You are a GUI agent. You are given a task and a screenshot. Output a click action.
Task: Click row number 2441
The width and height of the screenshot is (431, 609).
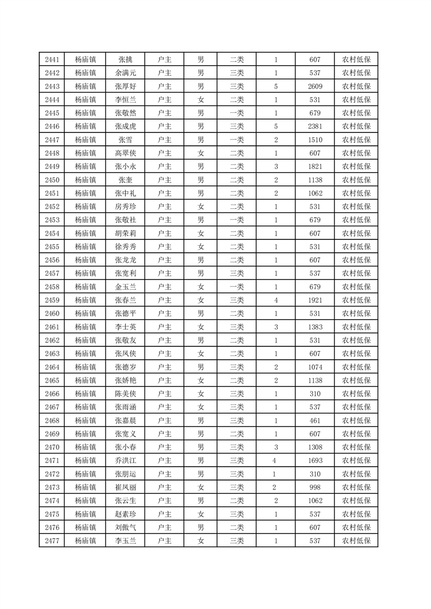(x=52, y=60)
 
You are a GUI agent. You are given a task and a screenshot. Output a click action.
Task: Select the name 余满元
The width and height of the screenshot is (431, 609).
(x=126, y=73)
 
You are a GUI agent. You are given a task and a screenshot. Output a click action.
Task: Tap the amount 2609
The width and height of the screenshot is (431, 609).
(x=315, y=86)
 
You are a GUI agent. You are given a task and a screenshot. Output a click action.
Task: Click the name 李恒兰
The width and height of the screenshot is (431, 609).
(x=126, y=100)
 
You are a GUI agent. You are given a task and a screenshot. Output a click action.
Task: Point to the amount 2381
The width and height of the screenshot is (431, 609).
(x=315, y=126)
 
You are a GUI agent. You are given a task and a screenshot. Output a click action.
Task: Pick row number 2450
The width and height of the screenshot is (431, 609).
(x=52, y=180)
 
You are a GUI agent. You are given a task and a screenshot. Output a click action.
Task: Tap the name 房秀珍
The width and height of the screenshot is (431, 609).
(x=126, y=206)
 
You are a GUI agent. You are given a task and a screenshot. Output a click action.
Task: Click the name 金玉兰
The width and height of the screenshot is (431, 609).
(x=126, y=287)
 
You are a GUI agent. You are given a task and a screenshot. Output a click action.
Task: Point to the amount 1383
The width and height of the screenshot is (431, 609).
(x=315, y=327)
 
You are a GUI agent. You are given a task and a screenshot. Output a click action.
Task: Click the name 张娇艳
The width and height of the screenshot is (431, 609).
(x=126, y=380)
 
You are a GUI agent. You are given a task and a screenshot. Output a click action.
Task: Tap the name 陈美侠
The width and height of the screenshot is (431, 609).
(x=126, y=394)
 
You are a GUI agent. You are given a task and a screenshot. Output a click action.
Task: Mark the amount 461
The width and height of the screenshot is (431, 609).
(x=315, y=420)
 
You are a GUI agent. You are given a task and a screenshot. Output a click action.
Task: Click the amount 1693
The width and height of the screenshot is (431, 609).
(x=315, y=460)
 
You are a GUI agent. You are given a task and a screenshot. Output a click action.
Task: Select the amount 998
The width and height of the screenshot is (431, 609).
(x=315, y=487)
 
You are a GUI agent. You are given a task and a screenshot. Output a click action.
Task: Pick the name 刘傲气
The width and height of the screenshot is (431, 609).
(x=126, y=527)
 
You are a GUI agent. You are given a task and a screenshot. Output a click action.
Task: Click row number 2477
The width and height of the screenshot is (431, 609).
(x=52, y=541)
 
